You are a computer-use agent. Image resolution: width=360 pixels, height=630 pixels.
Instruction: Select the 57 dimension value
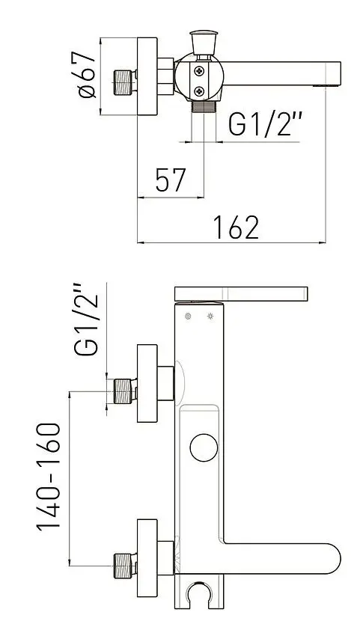pos(170,180)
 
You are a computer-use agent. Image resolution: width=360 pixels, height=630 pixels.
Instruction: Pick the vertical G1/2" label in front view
pos(88,319)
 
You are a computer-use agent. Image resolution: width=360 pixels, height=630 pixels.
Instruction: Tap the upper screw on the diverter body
pos(199,71)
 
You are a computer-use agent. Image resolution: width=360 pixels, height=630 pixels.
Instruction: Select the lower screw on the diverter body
pos(199,91)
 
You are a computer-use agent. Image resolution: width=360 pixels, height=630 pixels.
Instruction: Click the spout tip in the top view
pos(335,74)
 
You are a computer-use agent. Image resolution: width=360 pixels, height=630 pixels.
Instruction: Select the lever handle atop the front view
pos(241,293)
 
